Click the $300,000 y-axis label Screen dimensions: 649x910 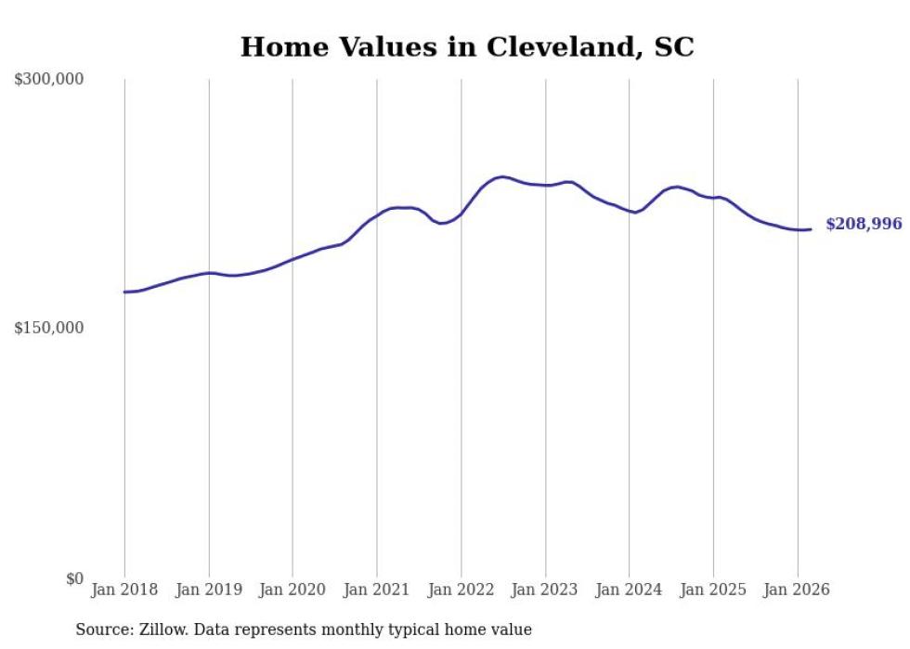[x=48, y=80]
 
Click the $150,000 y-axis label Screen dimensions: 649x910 [x=48, y=329]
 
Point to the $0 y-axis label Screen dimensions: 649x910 [x=74, y=578]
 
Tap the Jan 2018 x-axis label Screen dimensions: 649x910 [x=124, y=591]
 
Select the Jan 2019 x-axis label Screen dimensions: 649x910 [x=209, y=591]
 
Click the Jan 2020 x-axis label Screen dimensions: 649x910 [x=292, y=591]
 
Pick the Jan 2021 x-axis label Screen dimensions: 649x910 [x=377, y=591]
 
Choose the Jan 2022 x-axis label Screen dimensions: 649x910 [x=461, y=591]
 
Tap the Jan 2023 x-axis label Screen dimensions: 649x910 [x=545, y=591]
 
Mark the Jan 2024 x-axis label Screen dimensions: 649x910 [x=630, y=591]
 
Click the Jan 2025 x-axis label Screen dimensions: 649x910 [x=713, y=591]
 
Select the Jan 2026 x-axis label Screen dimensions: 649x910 [x=798, y=591]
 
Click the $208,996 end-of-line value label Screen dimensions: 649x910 [x=864, y=225]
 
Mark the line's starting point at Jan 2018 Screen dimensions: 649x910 [x=124, y=292]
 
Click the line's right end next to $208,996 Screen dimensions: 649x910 [x=811, y=229]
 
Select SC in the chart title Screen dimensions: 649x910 [x=674, y=48]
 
